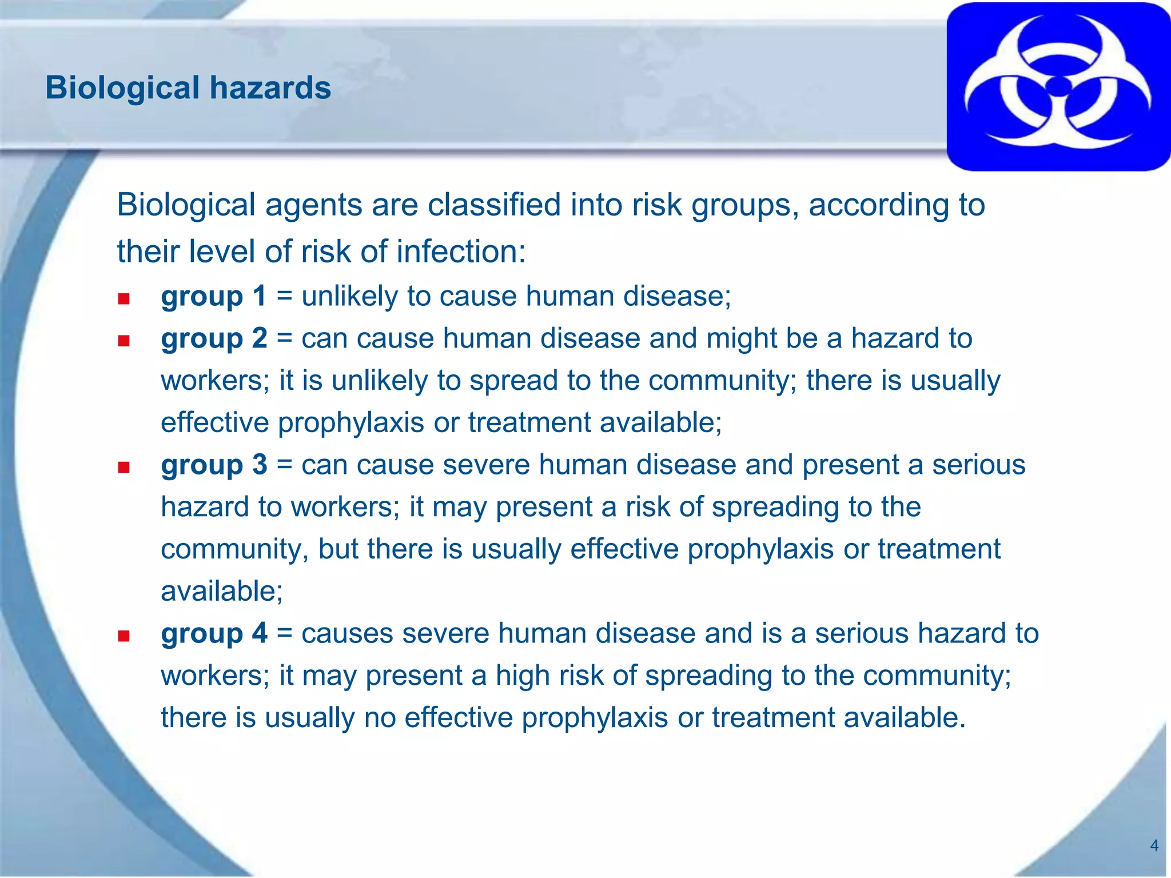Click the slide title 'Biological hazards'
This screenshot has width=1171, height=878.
tap(188, 88)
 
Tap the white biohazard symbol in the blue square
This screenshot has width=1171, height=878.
tap(1058, 86)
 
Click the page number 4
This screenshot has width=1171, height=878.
tap(1154, 845)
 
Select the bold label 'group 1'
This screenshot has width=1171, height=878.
tap(213, 296)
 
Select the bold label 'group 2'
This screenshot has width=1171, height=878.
tap(213, 338)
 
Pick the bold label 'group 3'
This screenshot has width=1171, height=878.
tap(213, 465)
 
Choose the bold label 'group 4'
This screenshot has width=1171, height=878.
tap(213, 633)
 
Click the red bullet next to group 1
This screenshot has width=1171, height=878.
tap(124, 299)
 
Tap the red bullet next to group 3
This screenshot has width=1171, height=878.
tap(124, 468)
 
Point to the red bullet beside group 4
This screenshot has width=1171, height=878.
tap(124, 636)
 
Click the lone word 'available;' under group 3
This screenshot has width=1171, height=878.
tap(222, 591)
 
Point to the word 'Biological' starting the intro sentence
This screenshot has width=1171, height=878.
tap(186, 205)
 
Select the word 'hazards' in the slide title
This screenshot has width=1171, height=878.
tap(270, 88)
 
